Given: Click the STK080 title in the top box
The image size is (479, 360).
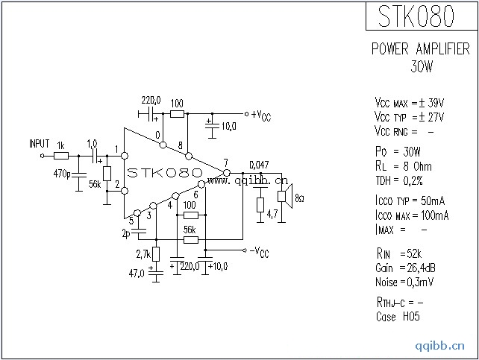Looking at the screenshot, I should tap(420, 16).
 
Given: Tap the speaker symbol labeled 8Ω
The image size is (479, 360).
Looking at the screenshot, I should tap(284, 197).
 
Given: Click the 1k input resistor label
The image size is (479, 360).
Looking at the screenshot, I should tap(61, 145).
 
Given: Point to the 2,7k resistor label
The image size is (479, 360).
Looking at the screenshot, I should tap(142, 255).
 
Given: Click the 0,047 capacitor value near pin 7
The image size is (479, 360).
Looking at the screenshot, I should tap(259, 165).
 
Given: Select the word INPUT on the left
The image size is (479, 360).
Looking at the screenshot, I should tap(39, 143).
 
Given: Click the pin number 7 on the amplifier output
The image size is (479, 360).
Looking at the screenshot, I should tap(225, 163).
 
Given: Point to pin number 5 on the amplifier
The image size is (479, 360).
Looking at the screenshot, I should tap(131, 220).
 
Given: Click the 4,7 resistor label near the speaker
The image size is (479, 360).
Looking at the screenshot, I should tap(272, 215).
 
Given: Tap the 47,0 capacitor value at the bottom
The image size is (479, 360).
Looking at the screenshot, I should tap(137, 274).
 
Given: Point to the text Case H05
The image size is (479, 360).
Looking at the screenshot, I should tap(397, 316).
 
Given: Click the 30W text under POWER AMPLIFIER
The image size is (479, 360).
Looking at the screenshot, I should tap(422, 66).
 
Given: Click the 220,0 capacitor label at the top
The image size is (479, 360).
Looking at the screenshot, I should tap(151, 100).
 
